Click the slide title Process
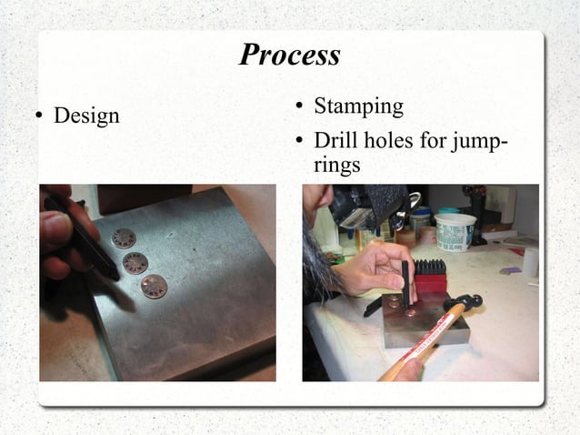pyautogui.click(x=289, y=55)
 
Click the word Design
pyautogui.click(x=86, y=116)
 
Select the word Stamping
pyautogui.click(x=358, y=106)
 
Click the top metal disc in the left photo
pyautogui.click(x=124, y=238)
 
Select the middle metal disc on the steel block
pyautogui.click(x=135, y=264)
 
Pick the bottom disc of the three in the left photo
pyautogui.click(x=154, y=287)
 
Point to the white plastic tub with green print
pyautogui.click(x=455, y=231)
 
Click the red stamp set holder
pyautogui.click(x=431, y=283)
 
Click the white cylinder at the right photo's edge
pyautogui.click(x=530, y=262)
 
